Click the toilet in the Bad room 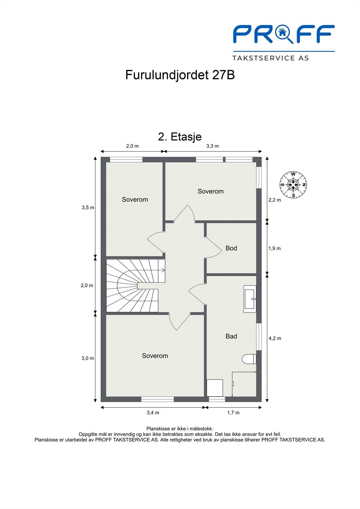[x=249, y=359]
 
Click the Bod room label [x=231, y=248]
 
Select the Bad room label [x=231, y=336]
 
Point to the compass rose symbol [x=293, y=185]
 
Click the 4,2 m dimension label [x=275, y=338]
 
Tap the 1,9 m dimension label [x=274, y=248]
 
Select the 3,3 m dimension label [x=212, y=146]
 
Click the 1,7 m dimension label [x=233, y=413]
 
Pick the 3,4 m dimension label [x=153, y=413]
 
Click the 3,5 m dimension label [x=88, y=208]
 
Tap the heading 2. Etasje [x=180, y=137]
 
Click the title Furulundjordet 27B [x=180, y=75]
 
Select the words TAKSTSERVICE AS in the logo [x=271, y=58]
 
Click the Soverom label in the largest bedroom [x=155, y=356]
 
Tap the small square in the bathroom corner [x=215, y=387]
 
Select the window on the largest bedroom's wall [x=158, y=399]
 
